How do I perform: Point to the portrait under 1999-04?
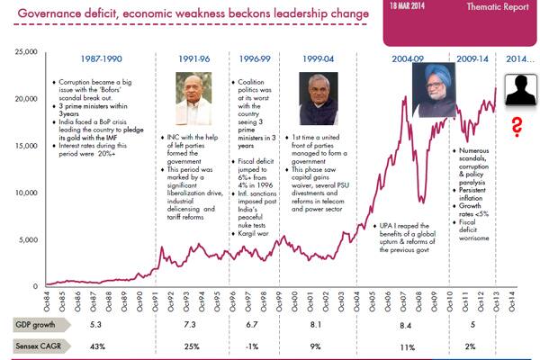[314, 98]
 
